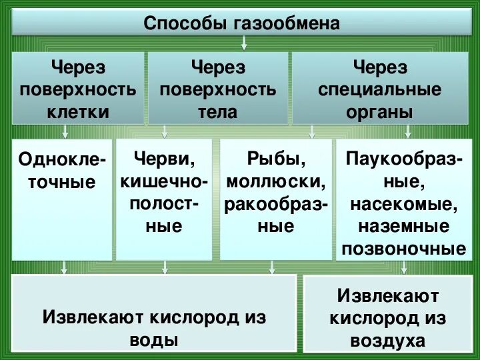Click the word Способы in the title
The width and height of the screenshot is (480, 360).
click(x=187, y=25)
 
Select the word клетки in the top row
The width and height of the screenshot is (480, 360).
click(x=78, y=111)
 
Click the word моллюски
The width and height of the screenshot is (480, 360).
click(x=275, y=181)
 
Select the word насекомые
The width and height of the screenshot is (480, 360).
click(x=404, y=203)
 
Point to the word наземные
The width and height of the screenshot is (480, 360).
click(x=404, y=226)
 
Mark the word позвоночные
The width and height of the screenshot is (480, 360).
click(x=404, y=249)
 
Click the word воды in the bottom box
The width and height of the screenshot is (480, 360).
click(x=154, y=339)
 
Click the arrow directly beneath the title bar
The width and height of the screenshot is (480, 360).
click(x=245, y=44)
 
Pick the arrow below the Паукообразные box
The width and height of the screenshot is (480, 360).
click(x=404, y=267)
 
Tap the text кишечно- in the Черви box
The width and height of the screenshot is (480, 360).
click(x=164, y=181)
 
